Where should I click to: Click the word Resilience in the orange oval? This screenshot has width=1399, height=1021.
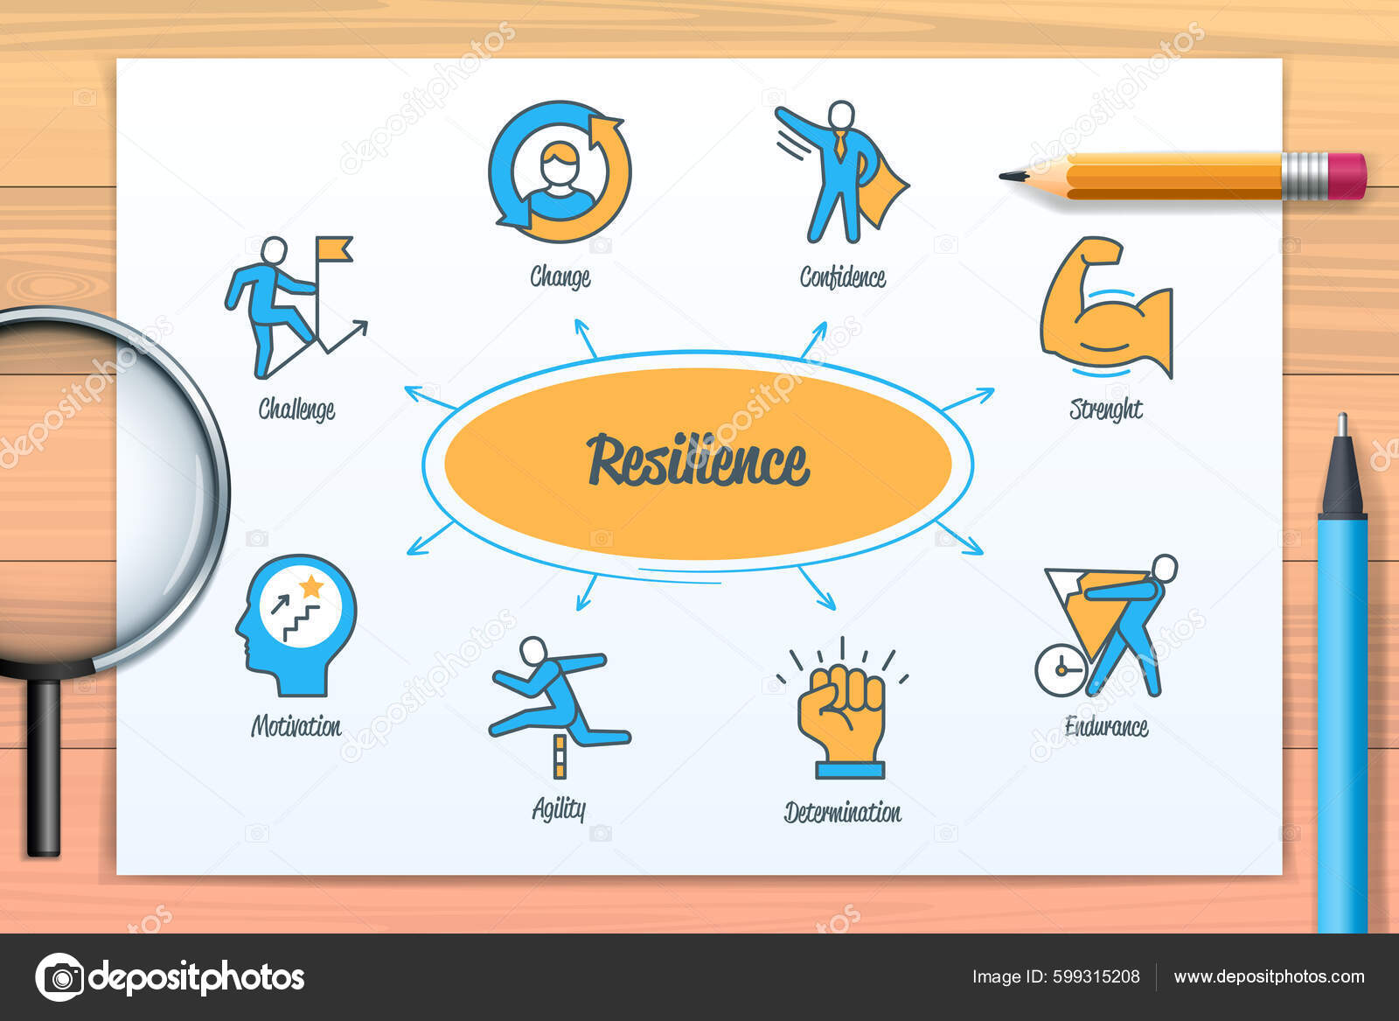(x=698, y=461)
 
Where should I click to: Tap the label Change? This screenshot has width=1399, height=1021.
(x=560, y=277)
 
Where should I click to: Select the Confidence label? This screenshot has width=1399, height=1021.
(x=843, y=277)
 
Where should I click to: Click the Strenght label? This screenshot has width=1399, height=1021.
(x=1106, y=409)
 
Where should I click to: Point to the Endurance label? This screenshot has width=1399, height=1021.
(x=1106, y=726)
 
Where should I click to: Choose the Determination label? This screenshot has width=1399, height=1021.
(x=842, y=813)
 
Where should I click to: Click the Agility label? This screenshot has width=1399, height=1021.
(x=559, y=809)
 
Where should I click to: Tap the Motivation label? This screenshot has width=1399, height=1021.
(x=296, y=726)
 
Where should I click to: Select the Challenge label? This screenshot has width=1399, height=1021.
(x=296, y=409)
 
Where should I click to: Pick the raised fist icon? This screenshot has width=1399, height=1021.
(x=841, y=713)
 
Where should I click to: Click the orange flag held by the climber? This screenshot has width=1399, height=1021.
(x=335, y=248)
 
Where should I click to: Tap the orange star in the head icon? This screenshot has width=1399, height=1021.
(x=311, y=585)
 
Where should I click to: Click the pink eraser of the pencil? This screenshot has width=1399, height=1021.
(x=1347, y=176)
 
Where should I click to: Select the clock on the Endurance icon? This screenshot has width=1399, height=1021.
(x=1060, y=670)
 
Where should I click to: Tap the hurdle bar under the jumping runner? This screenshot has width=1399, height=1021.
(x=560, y=756)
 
